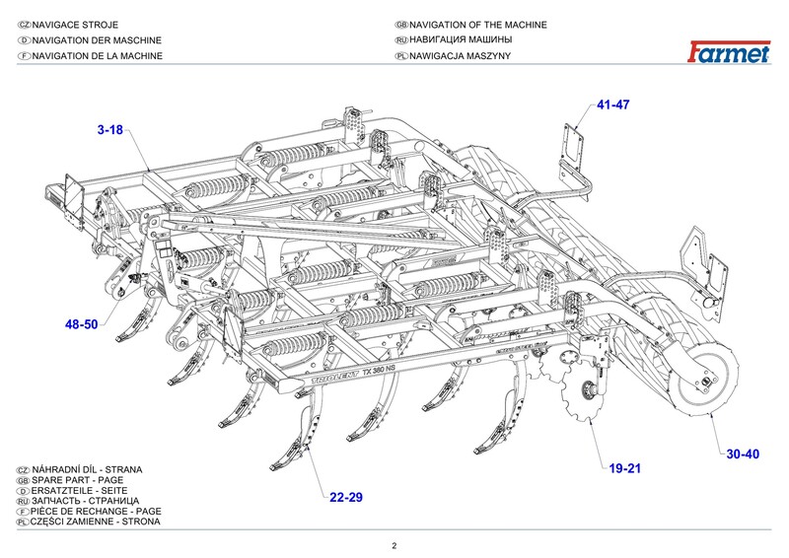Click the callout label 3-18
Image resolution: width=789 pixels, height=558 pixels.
(x=109, y=129)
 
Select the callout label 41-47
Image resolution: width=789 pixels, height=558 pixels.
(x=612, y=105)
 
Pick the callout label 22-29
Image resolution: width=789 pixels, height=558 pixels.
(x=346, y=497)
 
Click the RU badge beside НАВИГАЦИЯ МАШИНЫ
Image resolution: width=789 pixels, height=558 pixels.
(x=401, y=40)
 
